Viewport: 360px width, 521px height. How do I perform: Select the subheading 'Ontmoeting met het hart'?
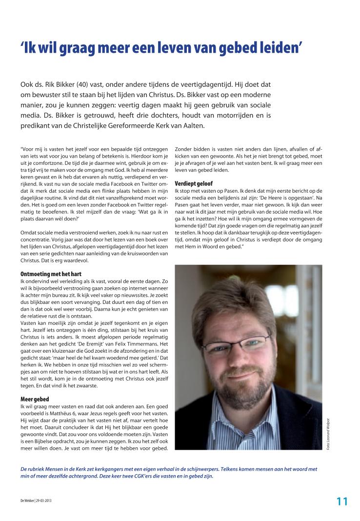coord(47,274)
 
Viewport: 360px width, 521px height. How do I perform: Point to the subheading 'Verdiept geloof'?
coord(193,183)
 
